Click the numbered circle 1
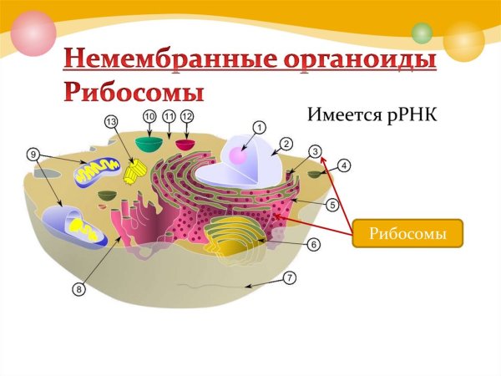(259, 127)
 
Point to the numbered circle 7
(289, 277)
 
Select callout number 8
(79, 289)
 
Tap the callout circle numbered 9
(33, 154)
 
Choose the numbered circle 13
(112, 121)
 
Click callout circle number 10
(149, 115)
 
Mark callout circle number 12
(187, 115)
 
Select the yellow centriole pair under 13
(134, 172)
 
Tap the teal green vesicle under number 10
(149, 144)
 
